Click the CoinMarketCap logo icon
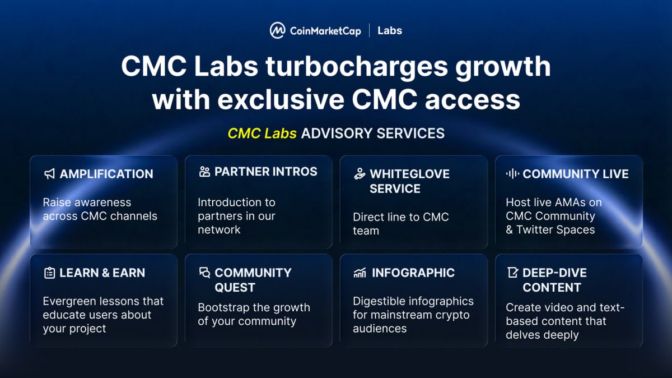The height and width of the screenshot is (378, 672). click(x=277, y=30)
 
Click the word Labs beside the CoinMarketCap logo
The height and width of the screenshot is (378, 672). click(x=390, y=30)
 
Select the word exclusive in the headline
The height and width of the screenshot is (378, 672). click(x=281, y=100)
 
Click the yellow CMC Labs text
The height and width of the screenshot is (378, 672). click(x=262, y=133)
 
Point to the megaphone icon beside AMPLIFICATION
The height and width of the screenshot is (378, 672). click(x=49, y=174)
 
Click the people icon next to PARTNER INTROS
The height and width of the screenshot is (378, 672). click(x=204, y=172)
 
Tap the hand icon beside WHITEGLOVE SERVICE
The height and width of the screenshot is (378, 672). click(x=360, y=174)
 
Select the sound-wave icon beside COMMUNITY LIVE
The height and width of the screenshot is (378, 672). click(x=512, y=174)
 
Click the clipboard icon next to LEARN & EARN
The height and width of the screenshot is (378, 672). click(x=49, y=273)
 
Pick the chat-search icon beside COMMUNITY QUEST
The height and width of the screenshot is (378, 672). click(x=204, y=273)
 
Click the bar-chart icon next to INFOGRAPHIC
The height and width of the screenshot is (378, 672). click(x=360, y=273)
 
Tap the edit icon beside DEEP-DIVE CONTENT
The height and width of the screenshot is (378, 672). click(x=512, y=273)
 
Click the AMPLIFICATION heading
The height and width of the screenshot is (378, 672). click(x=106, y=174)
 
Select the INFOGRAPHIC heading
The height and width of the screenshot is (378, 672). click(x=413, y=273)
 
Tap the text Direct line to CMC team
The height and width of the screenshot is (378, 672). click(x=400, y=223)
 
